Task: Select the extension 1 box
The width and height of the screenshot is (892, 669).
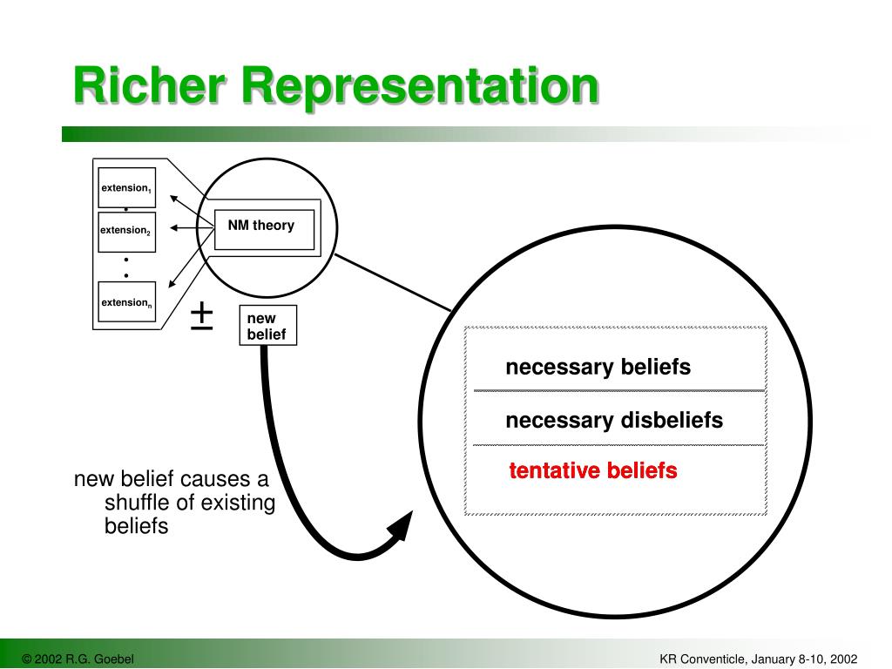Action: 126,187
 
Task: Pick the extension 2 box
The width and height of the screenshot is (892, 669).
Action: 126,231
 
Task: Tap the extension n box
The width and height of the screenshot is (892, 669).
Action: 126,302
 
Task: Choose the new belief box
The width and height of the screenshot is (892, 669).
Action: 267,326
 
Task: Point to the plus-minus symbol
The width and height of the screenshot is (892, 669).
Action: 201,314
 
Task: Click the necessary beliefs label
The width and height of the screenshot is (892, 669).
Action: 598,368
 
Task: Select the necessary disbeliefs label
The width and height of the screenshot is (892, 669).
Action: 614,421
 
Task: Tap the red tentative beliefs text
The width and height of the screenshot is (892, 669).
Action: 593,471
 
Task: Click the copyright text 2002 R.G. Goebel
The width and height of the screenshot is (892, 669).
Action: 78,659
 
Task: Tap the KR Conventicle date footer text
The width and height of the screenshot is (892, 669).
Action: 759,659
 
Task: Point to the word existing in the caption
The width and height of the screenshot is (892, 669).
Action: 238,503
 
